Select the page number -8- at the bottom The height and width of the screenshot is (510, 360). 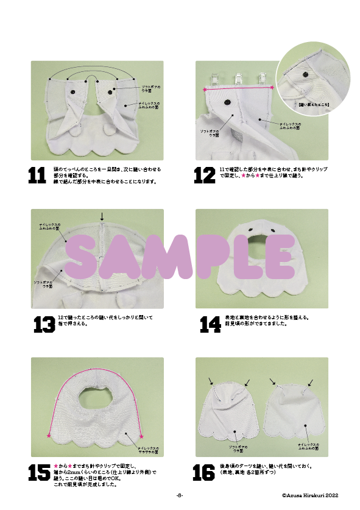[x=180, y=495]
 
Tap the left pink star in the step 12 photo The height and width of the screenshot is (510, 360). [x=205, y=90]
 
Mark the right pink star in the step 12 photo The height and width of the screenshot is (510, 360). [x=272, y=88]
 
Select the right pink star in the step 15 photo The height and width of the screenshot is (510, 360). [x=142, y=436]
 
